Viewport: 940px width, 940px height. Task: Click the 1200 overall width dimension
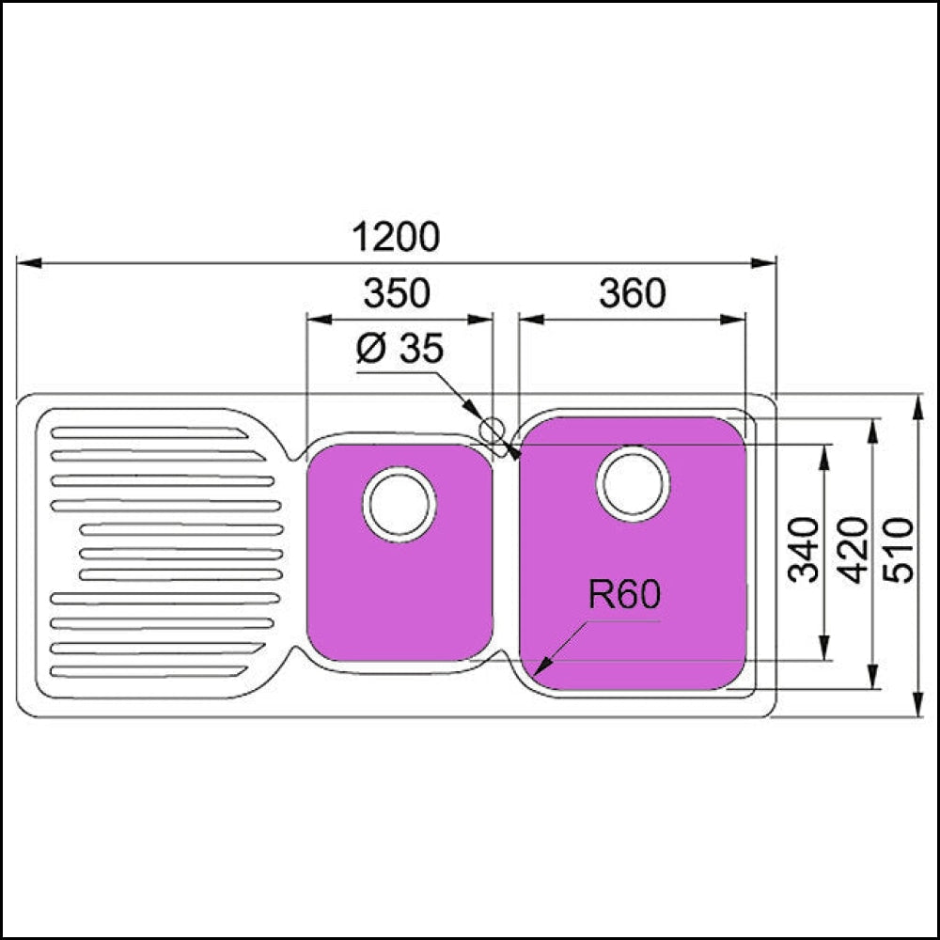(396, 237)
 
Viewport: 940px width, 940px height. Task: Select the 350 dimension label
(397, 294)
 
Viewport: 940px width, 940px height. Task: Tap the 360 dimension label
(632, 294)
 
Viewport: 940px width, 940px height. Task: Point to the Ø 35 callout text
(399, 350)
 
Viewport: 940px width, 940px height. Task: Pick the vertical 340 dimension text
(804, 550)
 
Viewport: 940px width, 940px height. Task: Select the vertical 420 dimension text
(854, 550)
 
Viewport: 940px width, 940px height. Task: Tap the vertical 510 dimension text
(901, 550)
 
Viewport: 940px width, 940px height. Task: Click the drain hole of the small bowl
(399, 503)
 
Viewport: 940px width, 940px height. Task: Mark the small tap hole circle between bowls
(491, 431)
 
